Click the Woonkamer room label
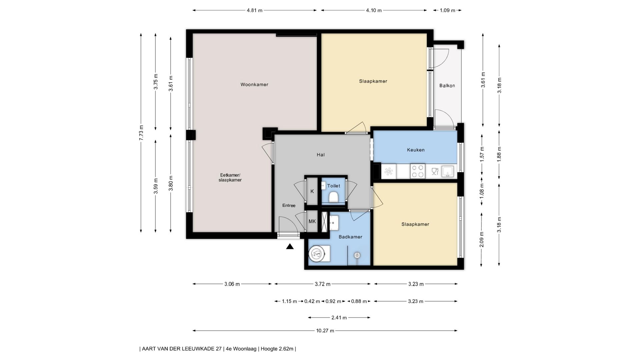[254, 85]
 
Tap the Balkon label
[447, 86]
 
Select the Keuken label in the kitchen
[416, 150]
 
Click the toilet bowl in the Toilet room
[333, 197]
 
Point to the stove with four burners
[417, 171]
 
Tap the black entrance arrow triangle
[290, 247]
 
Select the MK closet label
[312, 221]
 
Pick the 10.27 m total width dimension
[325, 331]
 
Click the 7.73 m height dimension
[141, 132]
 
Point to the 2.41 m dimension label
[339, 318]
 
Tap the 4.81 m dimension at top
[254, 10]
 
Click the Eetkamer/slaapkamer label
[230, 178]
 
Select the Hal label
[321, 155]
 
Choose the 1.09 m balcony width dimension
[447, 10]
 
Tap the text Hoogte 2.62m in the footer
[277, 349]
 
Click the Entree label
[289, 206]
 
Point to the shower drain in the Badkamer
[357, 255]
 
